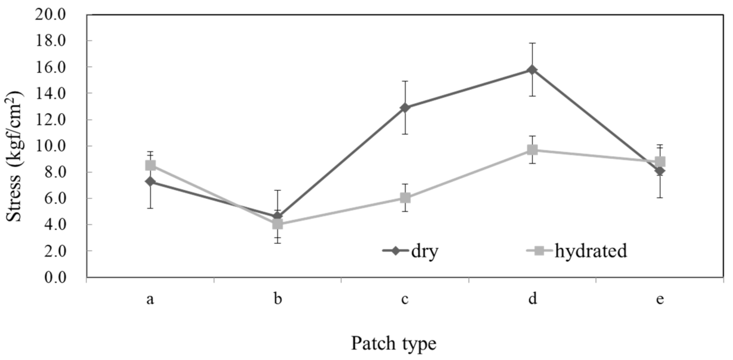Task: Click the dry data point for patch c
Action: point(405,108)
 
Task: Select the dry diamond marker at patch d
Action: point(532,70)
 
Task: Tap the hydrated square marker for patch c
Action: point(405,198)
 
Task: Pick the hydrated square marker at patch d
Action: point(532,150)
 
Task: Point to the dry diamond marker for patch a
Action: point(150,181)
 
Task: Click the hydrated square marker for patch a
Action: point(150,165)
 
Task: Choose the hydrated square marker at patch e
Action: point(660,162)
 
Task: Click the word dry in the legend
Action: point(425,251)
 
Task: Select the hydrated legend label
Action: point(590,251)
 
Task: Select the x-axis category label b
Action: point(278,299)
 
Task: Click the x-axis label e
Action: point(660,299)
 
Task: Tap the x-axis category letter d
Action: point(532,299)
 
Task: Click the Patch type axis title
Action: point(394,343)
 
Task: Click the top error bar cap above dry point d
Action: point(532,43)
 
